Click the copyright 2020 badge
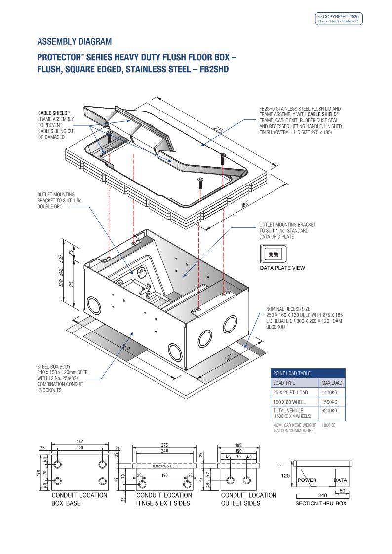[x=339, y=19]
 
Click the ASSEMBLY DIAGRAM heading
[x=75, y=41]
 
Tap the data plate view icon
[x=273, y=255]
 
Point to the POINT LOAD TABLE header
[x=292, y=373]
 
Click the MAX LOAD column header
[x=332, y=383]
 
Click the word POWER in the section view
[x=307, y=480]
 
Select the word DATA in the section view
[x=340, y=480]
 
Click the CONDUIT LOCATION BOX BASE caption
[x=79, y=499]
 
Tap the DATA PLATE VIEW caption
[x=282, y=268]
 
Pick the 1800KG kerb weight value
[x=328, y=425]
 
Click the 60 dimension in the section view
[x=342, y=491]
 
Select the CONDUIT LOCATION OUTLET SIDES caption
[x=248, y=499]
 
